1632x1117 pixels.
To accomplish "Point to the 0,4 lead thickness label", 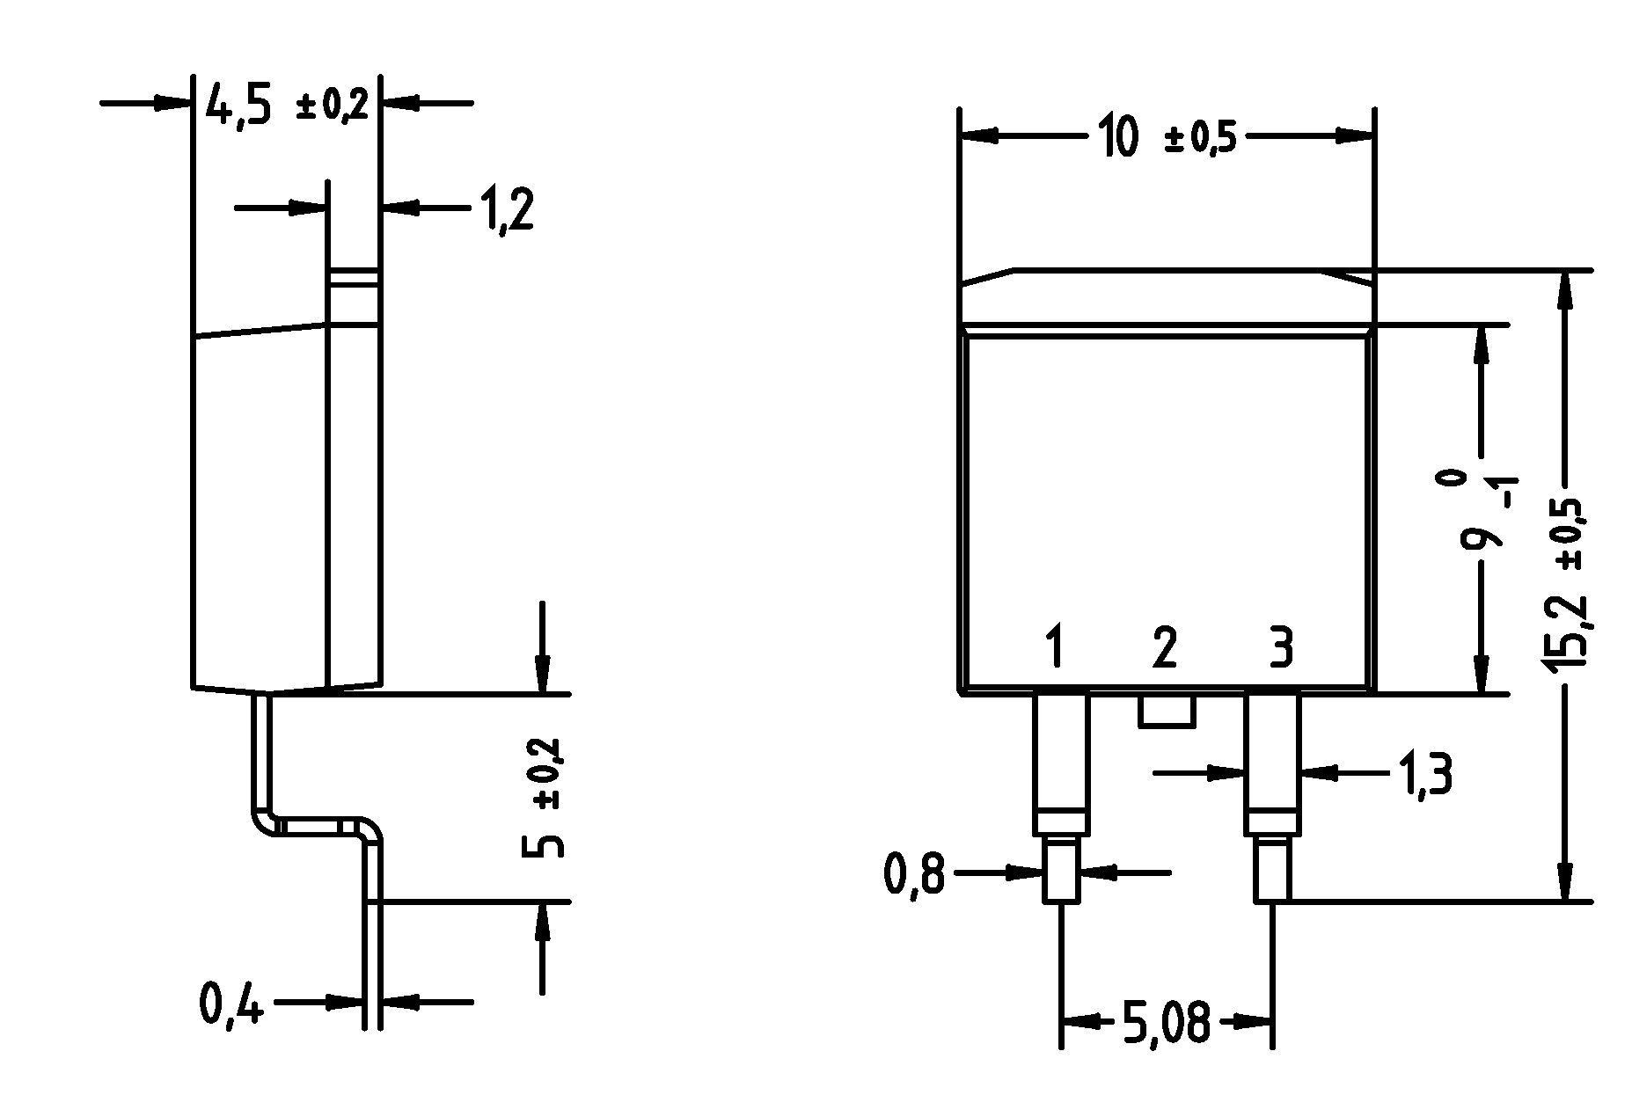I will (231, 1004).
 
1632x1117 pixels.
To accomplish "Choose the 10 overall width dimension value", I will (1119, 138).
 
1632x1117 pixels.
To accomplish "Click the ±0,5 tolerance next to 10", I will (1200, 140).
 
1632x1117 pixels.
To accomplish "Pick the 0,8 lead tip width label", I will (914, 875).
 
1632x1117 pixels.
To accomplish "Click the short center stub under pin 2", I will (1167, 711).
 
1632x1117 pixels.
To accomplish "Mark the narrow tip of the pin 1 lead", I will (1062, 871).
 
